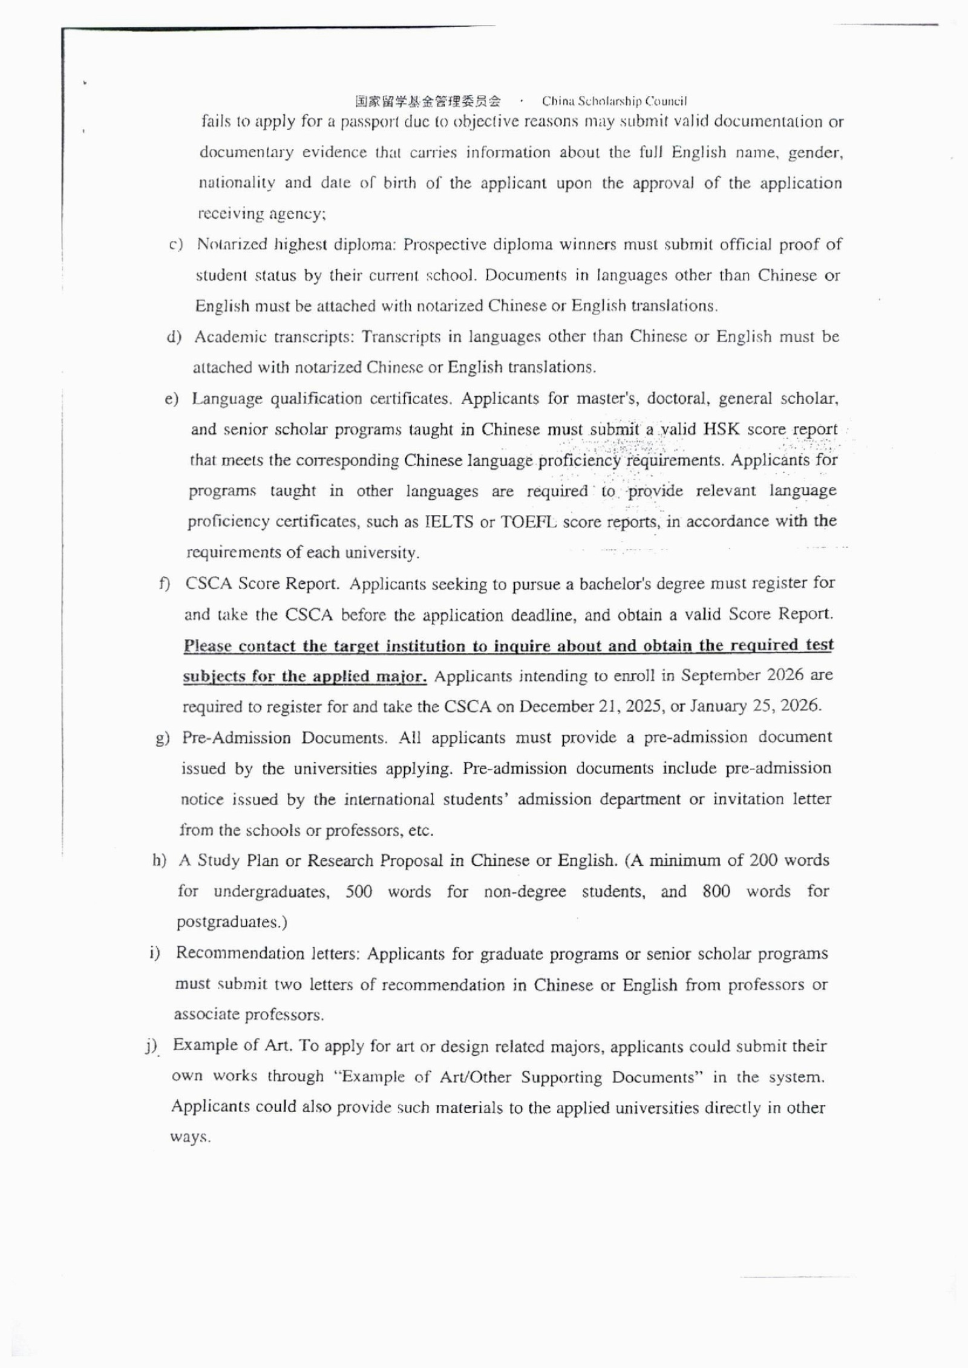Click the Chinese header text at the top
[428, 101]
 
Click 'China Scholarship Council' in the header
[614, 101]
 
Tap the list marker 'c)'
[175, 244]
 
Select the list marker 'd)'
[174, 337]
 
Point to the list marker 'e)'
[172, 399]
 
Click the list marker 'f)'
[165, 584]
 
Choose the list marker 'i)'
[155, 954]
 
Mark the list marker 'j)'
[151, 1046]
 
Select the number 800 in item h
[716, 891]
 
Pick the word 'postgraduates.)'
[232, 923]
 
